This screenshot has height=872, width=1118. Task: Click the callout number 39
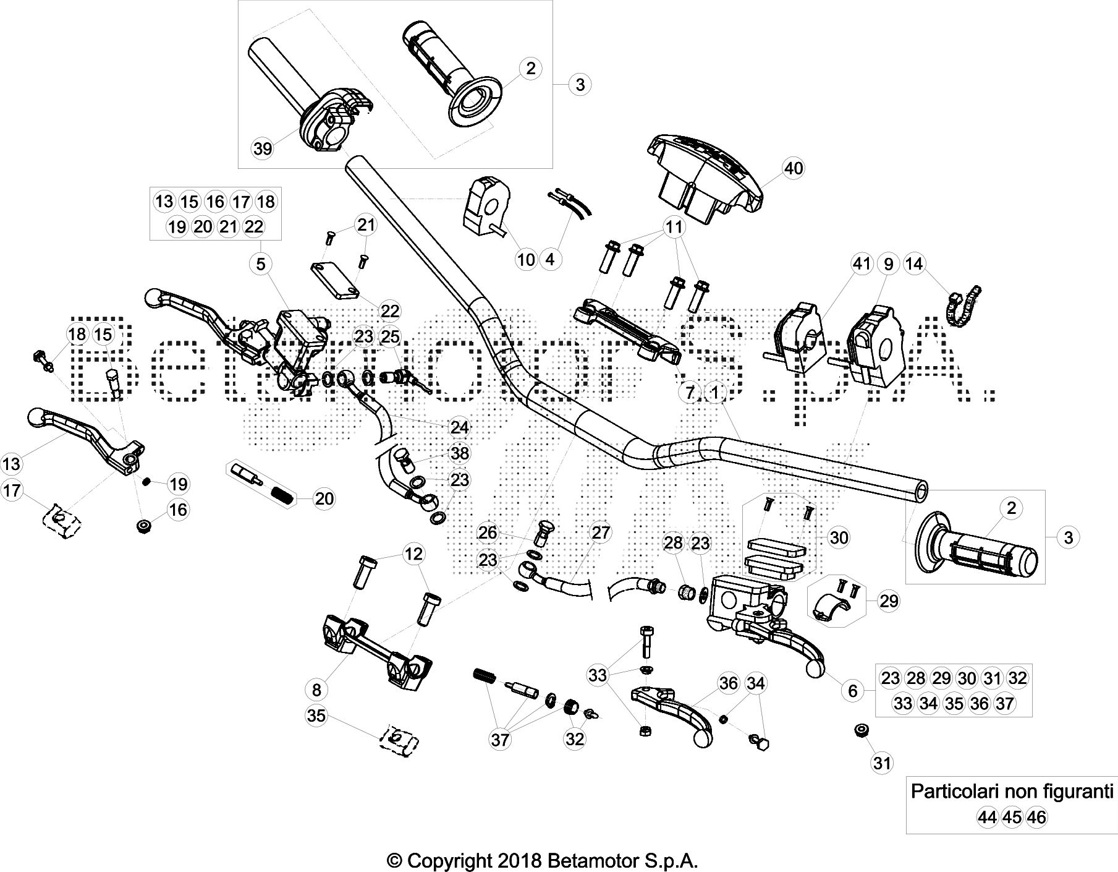(x=263, y=149)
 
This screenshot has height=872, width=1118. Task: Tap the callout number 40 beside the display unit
(x=793, y=168)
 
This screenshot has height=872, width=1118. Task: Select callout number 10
(x=526, y=259)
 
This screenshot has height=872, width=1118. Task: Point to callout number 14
(x=914, y=264)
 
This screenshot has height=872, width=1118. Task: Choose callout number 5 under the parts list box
(x=261, y=264)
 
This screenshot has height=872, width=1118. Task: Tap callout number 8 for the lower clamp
(x=317, y=690)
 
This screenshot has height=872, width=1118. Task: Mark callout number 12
(x=413, y=554)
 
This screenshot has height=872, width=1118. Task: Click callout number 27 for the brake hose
(x=601, y=532)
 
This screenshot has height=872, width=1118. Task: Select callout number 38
(x=460, y=453)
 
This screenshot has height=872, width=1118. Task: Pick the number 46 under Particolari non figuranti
(x=1036, y=818)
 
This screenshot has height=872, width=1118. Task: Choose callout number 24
(x=459, y=427)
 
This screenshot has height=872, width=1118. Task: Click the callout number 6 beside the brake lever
(x=853, y=690)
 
